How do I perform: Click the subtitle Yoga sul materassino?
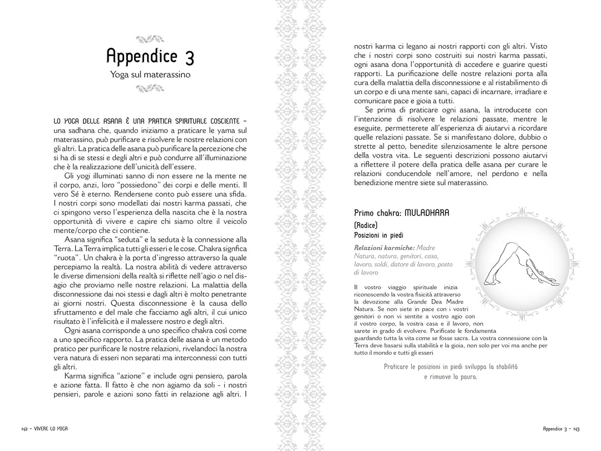point(150,74)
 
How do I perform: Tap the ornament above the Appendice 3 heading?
point(150,39)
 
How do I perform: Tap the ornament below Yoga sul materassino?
point(150,87)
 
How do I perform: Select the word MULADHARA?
point(427,213)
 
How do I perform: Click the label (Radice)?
point(366,225)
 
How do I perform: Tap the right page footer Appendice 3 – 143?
point(561,428)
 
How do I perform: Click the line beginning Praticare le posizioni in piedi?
point(450,366)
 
